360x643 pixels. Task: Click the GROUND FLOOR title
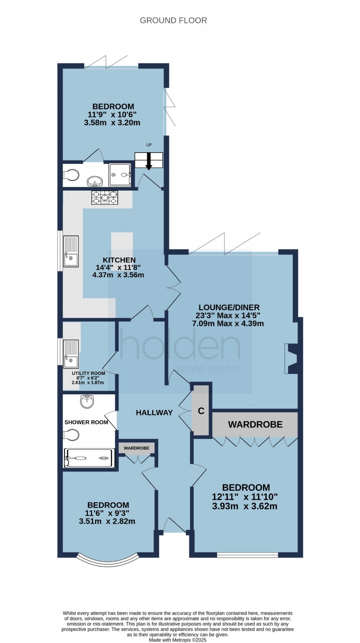(x=173, y=20)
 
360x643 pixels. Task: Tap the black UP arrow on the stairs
(x=149, y=162)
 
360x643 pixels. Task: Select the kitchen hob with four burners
(x=105, y=197)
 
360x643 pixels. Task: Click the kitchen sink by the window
(x=71, y=251)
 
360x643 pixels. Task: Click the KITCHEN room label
(x=119, y=260)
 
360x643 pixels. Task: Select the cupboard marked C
(x=201, y=411)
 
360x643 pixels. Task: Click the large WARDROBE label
(x=255, y=425)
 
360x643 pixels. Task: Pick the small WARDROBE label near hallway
(x=136, y=448)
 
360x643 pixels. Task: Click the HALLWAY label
(x=154, y=413)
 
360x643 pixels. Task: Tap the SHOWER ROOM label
(x=86, y=422)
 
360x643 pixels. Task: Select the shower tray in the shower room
(x=89, y=458)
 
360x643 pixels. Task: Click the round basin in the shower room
(x=87, y=401)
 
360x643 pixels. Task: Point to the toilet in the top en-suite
(x=71, y=174)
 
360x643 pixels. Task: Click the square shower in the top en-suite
(x=120, y=175)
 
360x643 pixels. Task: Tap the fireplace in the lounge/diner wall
(x=291, y=358)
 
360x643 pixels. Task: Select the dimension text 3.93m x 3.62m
(x=245, y=507)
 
